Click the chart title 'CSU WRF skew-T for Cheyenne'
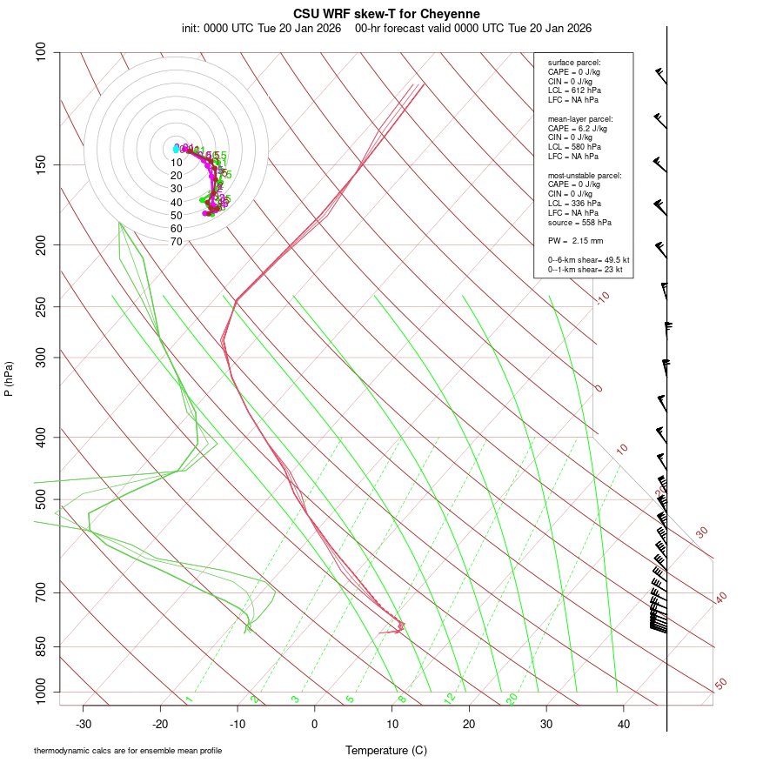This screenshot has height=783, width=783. tap(386, 14)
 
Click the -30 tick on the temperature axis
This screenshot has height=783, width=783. tap(84, 724)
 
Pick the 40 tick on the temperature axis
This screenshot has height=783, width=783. tap(624, 724)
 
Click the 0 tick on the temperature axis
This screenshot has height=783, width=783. tap(315, 724)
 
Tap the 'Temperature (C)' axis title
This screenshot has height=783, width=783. tap(386, 750)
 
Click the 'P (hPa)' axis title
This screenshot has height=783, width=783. tap(9, 378)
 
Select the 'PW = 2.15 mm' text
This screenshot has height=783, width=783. tap(575, 240)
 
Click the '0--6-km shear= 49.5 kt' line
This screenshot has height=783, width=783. tap(588, 259)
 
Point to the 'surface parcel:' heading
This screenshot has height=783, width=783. tap(574, 63)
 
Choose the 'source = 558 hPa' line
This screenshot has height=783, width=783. tap(579, 222)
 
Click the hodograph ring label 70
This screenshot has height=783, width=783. tap(176, 242)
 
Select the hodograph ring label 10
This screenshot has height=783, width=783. tap(176, 163)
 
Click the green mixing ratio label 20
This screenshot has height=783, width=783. tap(512, 699)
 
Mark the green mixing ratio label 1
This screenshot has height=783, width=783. tap(189, 699)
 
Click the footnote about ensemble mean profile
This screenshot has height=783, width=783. tap(128, 751)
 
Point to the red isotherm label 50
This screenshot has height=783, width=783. tap(720, 685)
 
